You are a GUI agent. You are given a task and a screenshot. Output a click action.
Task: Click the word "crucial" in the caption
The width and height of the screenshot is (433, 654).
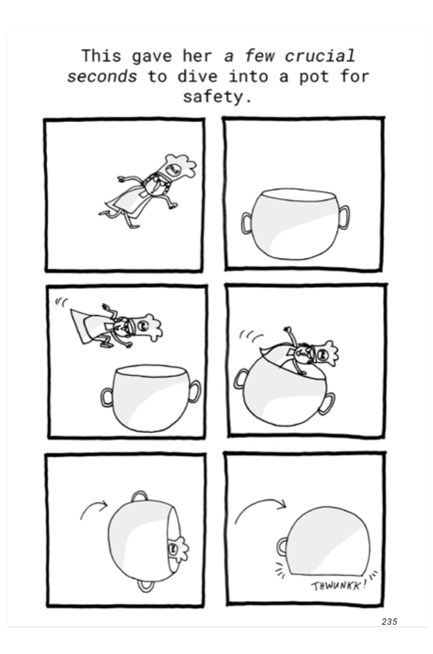tap(320, 56)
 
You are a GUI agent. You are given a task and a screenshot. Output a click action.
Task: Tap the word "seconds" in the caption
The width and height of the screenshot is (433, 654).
tap(102, 77)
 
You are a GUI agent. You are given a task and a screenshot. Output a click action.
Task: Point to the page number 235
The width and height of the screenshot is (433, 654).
tap(389, 621)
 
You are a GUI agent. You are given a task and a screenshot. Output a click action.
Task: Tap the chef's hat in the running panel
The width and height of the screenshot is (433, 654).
tap(180, 166)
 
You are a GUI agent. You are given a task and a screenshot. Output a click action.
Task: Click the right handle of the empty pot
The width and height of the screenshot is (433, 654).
tap(344, 217)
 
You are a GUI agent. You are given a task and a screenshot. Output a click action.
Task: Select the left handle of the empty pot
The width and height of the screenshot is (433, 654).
tap(247, 223)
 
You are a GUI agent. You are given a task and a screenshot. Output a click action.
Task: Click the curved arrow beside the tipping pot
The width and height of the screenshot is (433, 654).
tap(93, 508)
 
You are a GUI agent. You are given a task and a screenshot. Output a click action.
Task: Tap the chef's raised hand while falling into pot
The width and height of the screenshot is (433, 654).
tap(287, 330)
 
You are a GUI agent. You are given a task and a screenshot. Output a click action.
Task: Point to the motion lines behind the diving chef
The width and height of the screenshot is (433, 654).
tap(61, 302)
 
